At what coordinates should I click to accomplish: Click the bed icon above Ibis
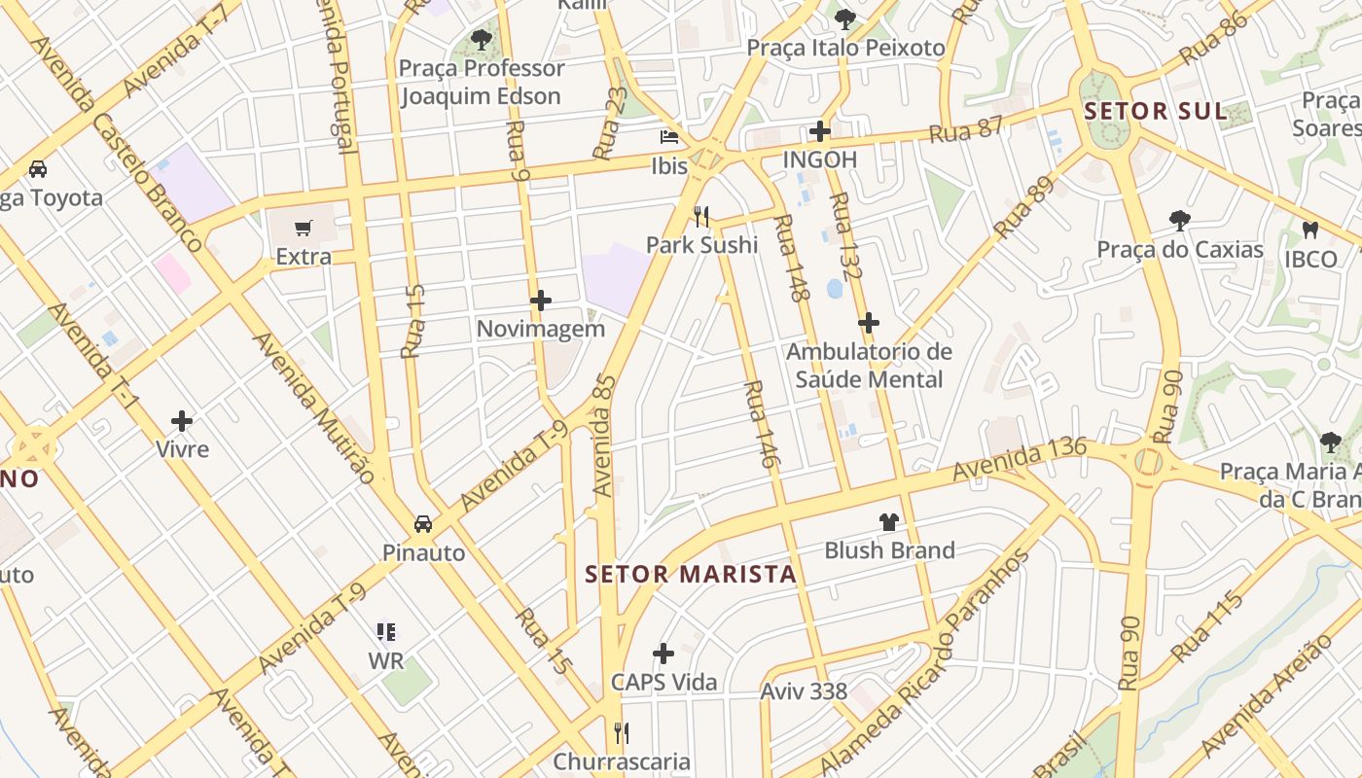(x=669, y=136)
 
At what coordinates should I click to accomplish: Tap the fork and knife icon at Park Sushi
(x=700, y=215)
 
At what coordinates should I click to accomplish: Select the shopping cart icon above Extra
(x=304, y=228)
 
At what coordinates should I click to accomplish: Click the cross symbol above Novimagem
(x=541, y=301)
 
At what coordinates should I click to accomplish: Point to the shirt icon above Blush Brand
(x=888, y=522)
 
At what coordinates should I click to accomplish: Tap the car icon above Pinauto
(x=423, y=523)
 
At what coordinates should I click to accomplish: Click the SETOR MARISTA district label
(x=691, y=574)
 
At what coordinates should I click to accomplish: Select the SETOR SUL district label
(x=1156, y=111)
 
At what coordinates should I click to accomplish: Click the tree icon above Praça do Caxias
(x=1180, y=221)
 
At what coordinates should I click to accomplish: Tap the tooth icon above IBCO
(x=1309, y=230)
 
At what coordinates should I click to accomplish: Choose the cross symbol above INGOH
(x=820, y=130)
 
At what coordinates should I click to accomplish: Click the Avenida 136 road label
(x=1019, y=460)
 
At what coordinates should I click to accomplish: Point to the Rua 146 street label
(x=759, y=425)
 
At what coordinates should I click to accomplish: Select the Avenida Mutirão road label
(x=312, y=407)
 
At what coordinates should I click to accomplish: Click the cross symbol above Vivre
(x=182, y=421)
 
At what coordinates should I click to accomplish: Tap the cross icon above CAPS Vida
(x=663, y=653)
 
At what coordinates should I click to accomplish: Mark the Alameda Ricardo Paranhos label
(x=923, y=662)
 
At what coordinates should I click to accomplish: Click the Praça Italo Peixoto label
(x=845, y=48)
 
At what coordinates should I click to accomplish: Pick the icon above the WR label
(x=386, y=632)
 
